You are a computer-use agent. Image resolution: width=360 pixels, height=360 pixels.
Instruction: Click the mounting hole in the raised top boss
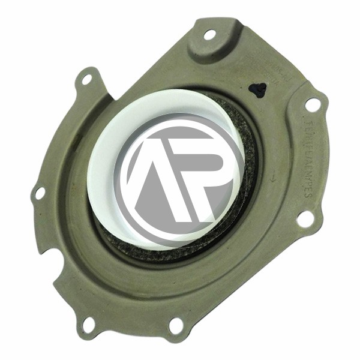coord(209,34)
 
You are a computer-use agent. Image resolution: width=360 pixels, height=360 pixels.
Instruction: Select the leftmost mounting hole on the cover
coord(40,193)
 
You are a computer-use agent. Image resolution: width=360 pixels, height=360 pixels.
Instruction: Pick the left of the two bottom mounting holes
coord(88,325)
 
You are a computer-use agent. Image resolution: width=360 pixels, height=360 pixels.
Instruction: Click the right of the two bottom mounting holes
coord(176,325)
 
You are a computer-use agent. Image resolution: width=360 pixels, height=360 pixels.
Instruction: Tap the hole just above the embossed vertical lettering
coord(313,104)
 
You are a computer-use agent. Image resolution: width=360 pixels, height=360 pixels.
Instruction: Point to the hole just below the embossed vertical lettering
coord(305,219)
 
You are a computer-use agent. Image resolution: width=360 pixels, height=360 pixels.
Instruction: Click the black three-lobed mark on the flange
coord(258,90)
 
